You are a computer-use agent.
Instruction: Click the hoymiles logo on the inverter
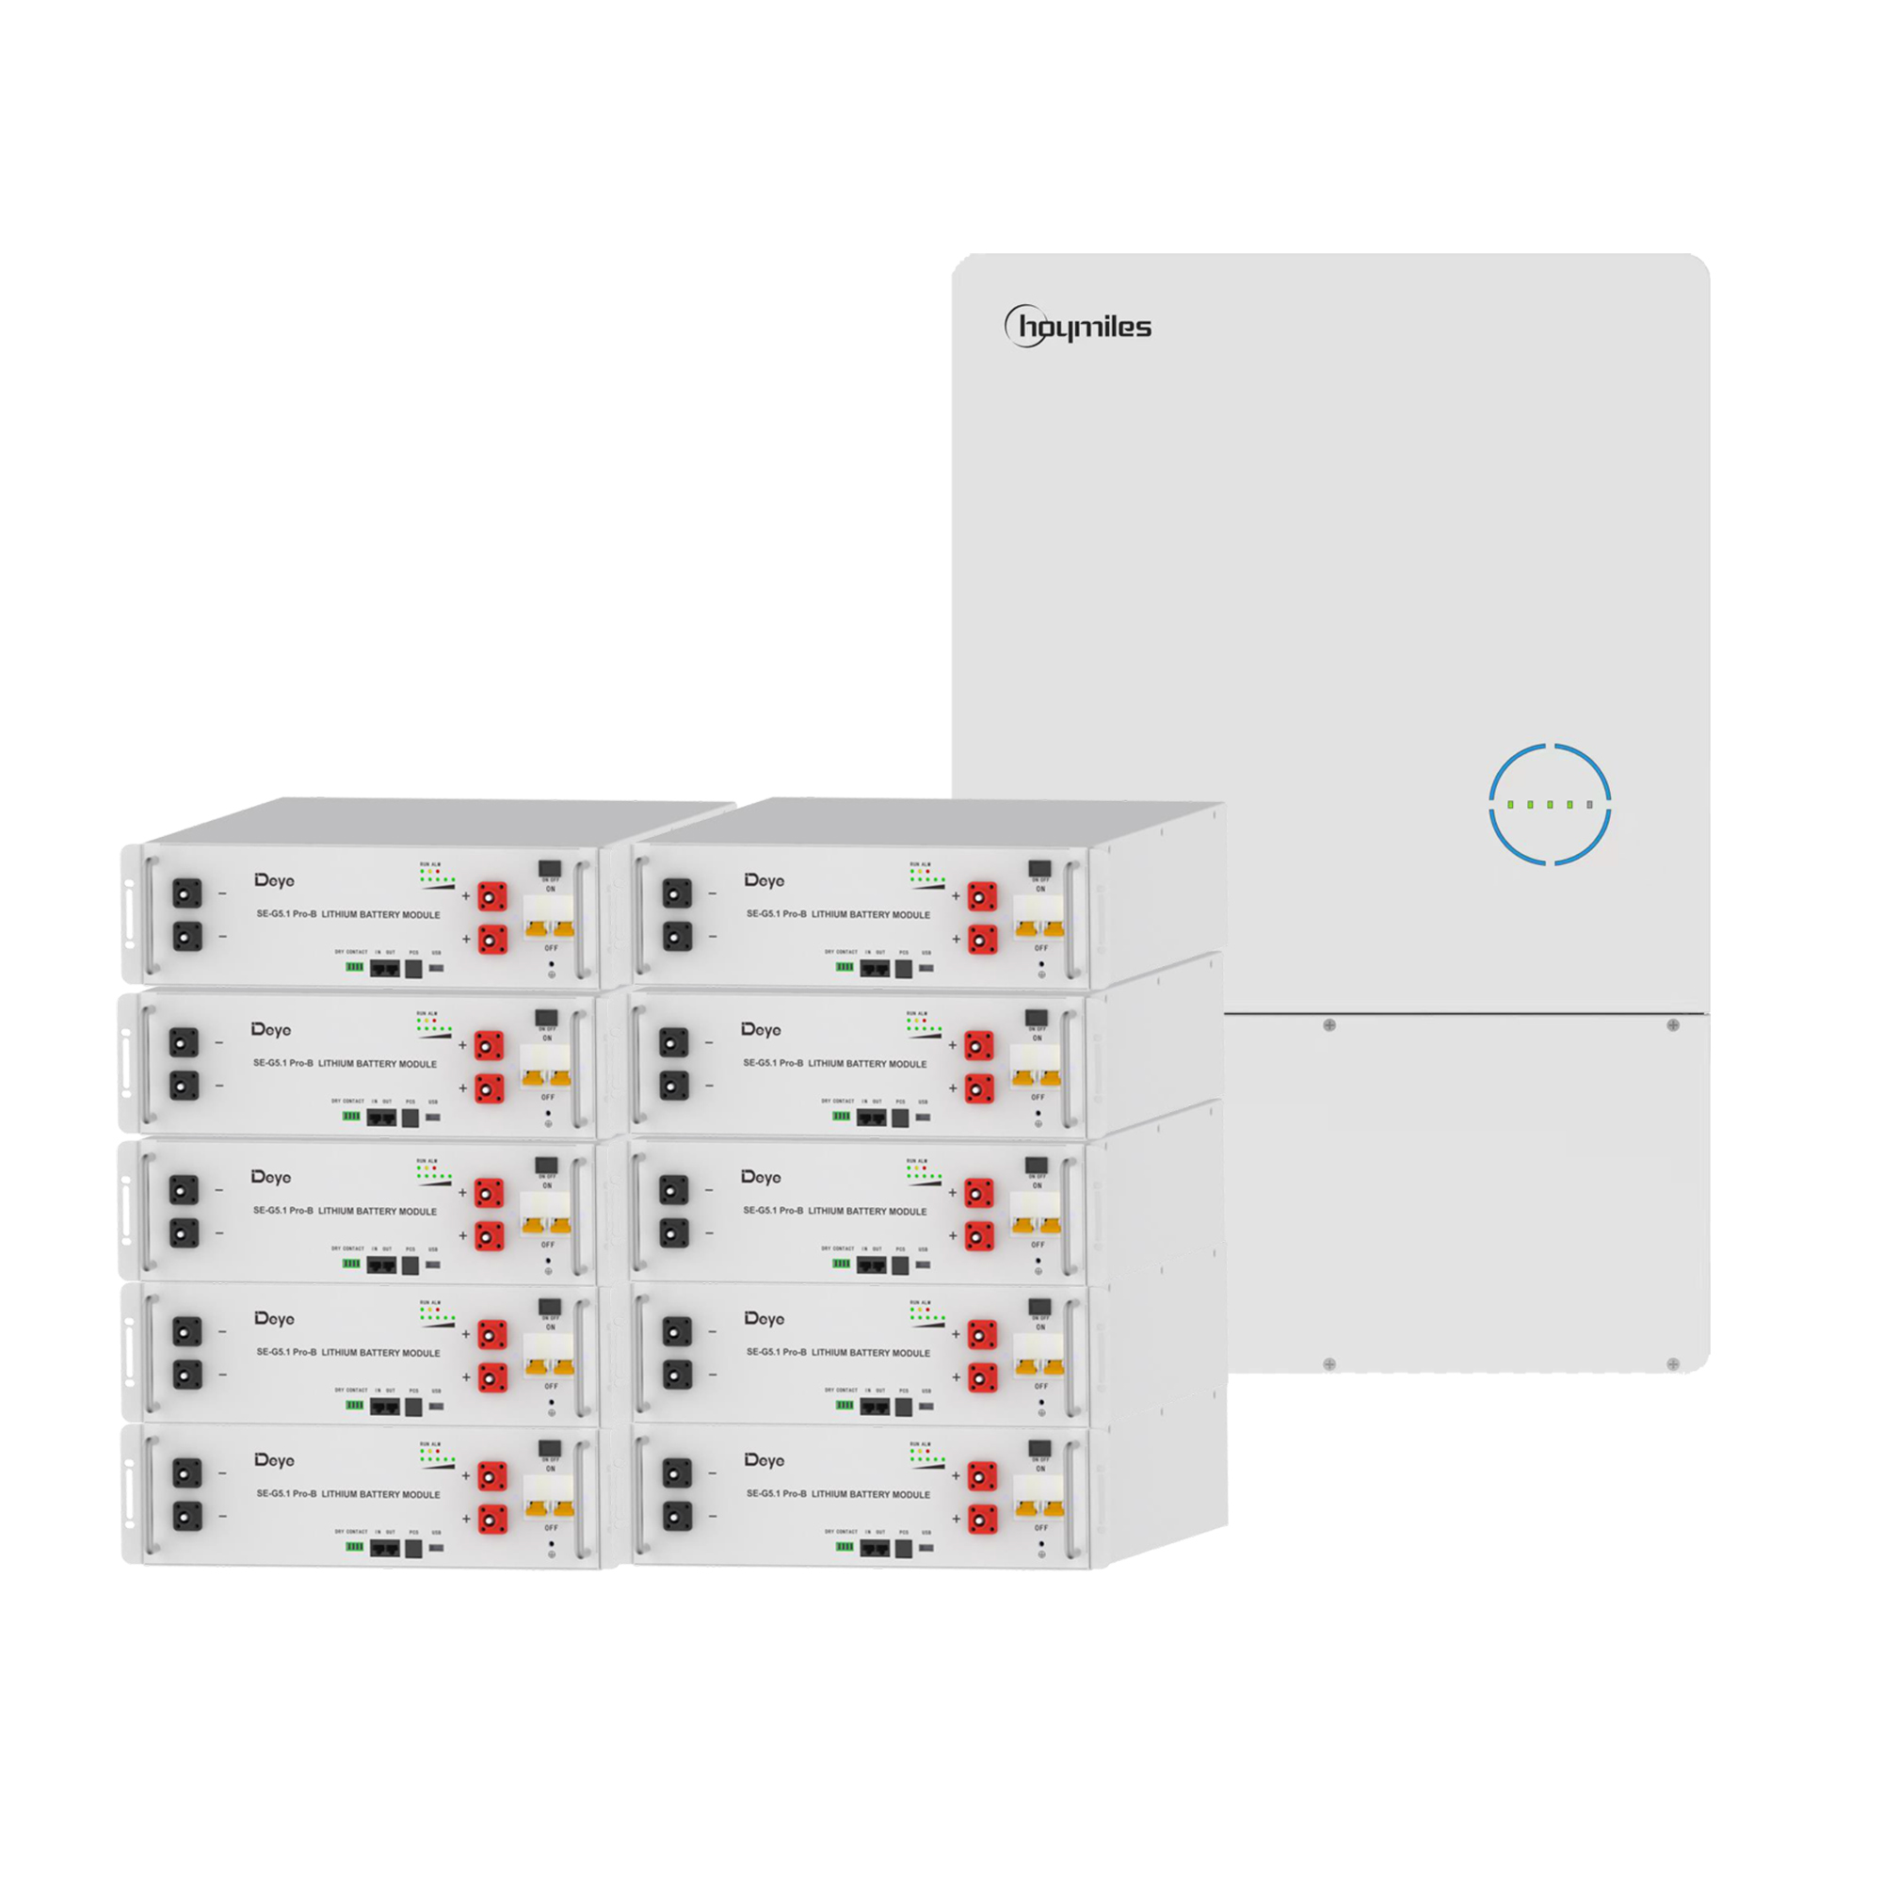point(1078,327)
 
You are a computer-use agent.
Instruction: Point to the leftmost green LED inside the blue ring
point(1511,805)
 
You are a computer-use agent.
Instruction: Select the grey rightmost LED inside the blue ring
point(1590,805)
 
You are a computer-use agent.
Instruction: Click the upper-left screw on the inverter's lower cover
point(1329,1025)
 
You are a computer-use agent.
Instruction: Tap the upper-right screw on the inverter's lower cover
point(1673,1025)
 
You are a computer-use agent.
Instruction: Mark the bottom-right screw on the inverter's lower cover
point(1673,1364)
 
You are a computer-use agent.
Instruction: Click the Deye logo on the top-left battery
point(275,881)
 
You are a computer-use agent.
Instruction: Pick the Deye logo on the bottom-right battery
point(764,1460)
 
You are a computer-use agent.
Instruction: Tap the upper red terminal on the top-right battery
point(982,895)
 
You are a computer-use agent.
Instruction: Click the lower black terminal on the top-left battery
point(187,937)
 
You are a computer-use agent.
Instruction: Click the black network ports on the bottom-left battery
point(385,1548)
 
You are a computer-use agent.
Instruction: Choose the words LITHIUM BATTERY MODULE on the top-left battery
point(381,915)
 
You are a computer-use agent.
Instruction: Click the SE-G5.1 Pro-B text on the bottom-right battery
point(777,1493)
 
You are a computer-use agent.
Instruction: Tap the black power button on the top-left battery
point(550,867)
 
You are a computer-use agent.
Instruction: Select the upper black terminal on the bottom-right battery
point(676,1472)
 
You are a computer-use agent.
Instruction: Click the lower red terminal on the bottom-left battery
point(493,1520)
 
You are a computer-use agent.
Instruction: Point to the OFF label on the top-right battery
point(1041,948)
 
